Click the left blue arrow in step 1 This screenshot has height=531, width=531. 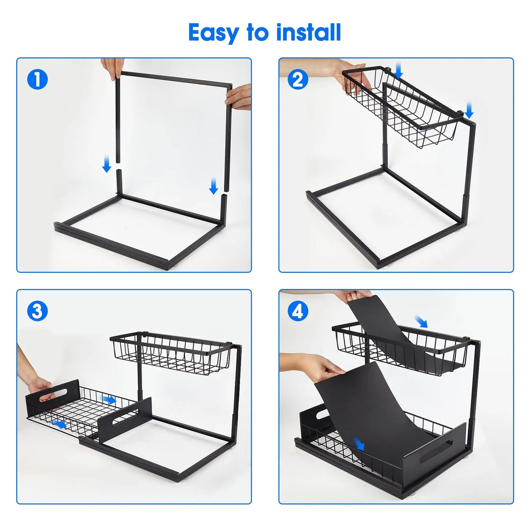(x=107, y=165)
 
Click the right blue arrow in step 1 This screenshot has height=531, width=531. (x=214, y=186)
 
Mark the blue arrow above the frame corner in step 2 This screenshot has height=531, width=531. (x=469, y=109)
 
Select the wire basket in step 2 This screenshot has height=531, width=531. (x=404, y=111)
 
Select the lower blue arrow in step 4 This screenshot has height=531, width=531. (x=359, y=444)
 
